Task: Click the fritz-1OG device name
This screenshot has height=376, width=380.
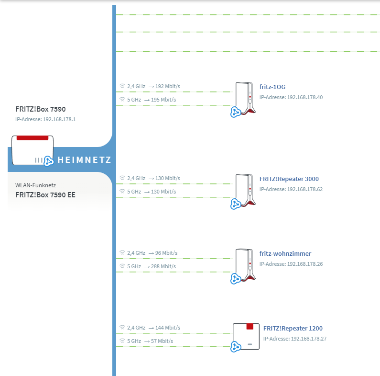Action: (272, 87)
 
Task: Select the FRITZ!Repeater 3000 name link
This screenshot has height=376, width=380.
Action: (289, 179)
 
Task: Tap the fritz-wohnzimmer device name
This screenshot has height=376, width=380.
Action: (285, 253)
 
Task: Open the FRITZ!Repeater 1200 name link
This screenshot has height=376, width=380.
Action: (293, 329)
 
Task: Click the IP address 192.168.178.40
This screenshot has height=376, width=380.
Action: (305, 97)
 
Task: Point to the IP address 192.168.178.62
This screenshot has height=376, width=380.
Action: (305, 189)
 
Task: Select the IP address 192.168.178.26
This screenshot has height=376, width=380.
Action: (305, 264)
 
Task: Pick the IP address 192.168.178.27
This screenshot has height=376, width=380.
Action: (309, 339)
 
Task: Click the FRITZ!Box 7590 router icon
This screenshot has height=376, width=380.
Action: (33, 150)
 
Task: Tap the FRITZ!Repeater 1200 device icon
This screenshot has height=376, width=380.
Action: (246, 336)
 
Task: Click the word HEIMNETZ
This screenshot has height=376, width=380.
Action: (84, 160)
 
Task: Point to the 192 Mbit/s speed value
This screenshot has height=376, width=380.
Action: (168, 86)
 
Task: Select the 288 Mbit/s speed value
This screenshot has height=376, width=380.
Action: (163, 266)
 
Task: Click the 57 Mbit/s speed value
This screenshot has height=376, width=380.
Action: (162, 341)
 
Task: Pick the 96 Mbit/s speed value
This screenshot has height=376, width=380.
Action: (166, 253)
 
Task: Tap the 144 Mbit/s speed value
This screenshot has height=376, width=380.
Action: (168, 328)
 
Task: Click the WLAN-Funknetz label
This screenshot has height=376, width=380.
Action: (36, 185)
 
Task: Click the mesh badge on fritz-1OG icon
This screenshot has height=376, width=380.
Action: (235, 112)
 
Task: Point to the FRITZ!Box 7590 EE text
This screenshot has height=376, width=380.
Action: (45, 195)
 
